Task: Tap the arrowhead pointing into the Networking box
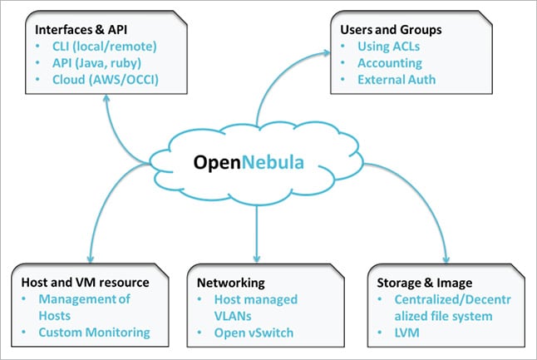pos(255,258)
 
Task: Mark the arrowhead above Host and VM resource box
pos(88,259)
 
